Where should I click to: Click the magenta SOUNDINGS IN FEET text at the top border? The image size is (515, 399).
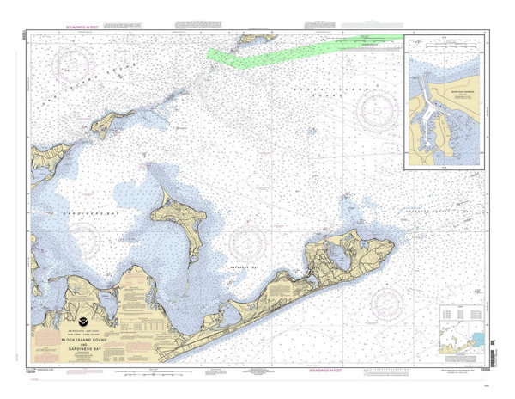pos(94,27)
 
